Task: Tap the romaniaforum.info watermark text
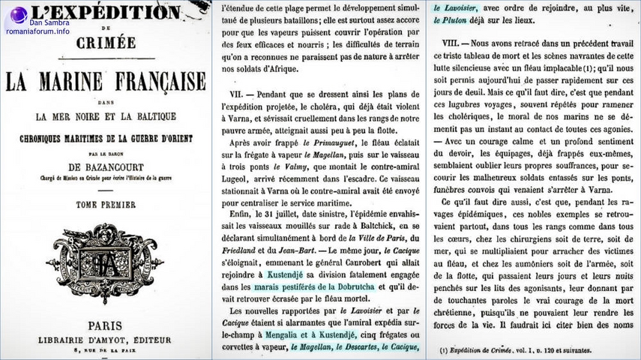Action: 37,31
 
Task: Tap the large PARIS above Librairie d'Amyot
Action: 105,326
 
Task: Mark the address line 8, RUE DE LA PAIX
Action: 106,349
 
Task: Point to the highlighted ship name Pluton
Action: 452,20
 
